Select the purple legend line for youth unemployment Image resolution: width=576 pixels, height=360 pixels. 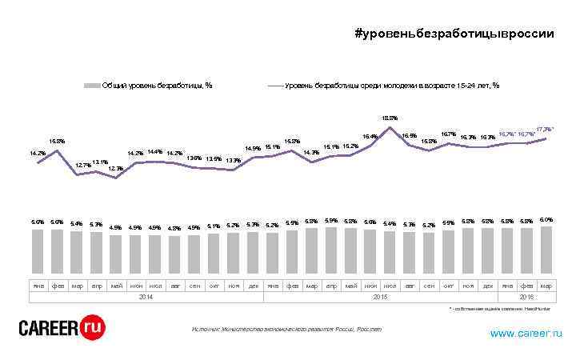[x=274, y=85]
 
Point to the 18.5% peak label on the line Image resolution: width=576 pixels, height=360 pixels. [x=390, y=118]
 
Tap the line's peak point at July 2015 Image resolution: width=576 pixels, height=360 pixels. [x=390, y=127]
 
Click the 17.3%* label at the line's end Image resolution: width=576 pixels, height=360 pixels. [x=545, y=129]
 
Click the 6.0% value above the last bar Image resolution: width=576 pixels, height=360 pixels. [x=546, y=219]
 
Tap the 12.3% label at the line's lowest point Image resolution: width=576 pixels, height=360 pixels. [x=115, y=169]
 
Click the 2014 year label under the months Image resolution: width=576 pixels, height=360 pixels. [x=145, y=296]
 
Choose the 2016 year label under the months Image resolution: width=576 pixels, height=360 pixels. [x=526, y=296]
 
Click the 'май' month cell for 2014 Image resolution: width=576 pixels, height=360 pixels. [x=116, y=285]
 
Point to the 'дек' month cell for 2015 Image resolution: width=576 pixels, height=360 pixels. [x=487, y=285]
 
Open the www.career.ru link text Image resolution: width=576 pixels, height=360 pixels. [x=526, y=333]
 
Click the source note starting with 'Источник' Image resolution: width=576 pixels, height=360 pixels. [x=286, y=329]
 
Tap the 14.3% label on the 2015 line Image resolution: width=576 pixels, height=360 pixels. [x=312, y=153]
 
